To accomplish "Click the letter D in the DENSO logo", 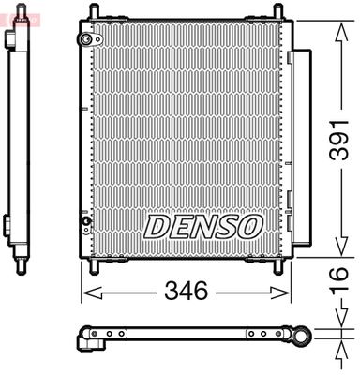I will pyautogui.click(x=156, y=226).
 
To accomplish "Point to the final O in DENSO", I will pyautogui.click(x=249, y=226).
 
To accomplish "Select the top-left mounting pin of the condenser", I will pyautogui.click(x=92, y=11).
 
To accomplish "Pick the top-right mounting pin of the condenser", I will pyautogui.click(x=277, y=11).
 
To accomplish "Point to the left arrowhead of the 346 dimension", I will pyautogui.click(x=85, y=292).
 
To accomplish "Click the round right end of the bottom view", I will pyautogui.click(x=302, y=335).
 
